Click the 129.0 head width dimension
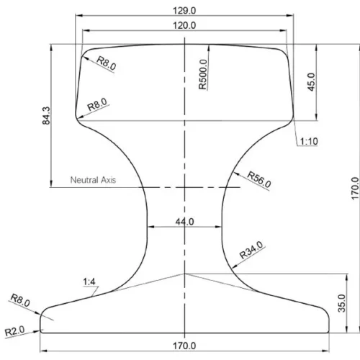tap(184, 11)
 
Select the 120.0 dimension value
tap(184, 25)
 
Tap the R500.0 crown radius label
tap(203, 74)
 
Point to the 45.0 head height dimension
tap(311, 82)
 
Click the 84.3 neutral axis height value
tap(46, 116)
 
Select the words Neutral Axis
tap(93, 180)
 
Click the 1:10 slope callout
tap(309, 142)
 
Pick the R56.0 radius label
tap(259, 179)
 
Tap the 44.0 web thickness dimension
tap(184, 222)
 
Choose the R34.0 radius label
tap(251, 250)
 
